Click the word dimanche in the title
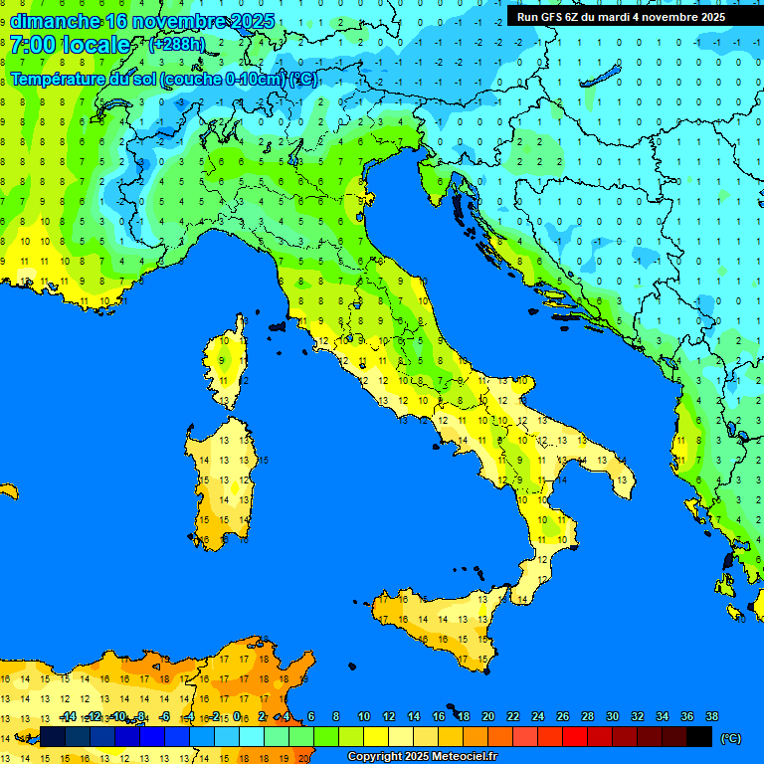pyautogui.click(x=55, y=20)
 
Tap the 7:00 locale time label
pyautogui.click(x=70, y=45)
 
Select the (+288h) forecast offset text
pyautogui.click(x=176, y=45)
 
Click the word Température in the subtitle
pyautogui.click(x=60, y=79)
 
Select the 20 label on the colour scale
pyautogui.click(x=487, y=716)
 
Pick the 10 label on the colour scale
pyautogui.click(x=364, y=716)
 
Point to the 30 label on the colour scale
pyautogui.click(x=612, y=716)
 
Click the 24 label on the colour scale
pyautogui.click(x=537, y=716)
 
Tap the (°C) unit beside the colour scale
pyautogui.click(x=731, y=738)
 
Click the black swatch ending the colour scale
pyautogui.click(x=699, y=736)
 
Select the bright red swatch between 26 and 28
pyautogui.click(x=575, y=736)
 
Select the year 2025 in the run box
pyautogui.click(x=709, y=17)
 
